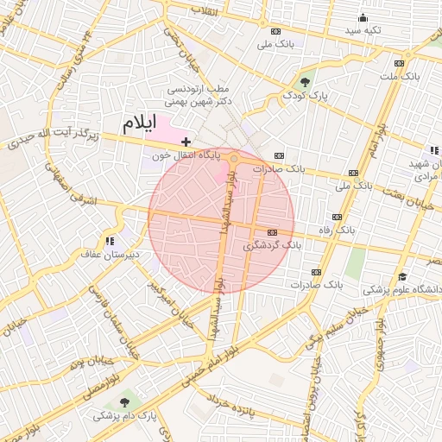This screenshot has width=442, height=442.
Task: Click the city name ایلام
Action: pyautogui.click(x=140, y=123)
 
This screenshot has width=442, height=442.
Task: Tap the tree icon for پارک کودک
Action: pyautogui.click(x=304, y=81)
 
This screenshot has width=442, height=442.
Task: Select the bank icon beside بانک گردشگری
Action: pyautogui.click(x=273, y=232)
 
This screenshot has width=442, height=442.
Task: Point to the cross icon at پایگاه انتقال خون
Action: pyautogui.click(x=186, y=141)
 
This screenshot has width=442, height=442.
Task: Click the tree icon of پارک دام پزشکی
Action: pyautogui.click(x=127, y=402)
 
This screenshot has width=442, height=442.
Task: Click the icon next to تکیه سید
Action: pyautogui.click(x=361, y=17)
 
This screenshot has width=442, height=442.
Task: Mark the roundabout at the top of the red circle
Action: pyautogui.click(x=233, y=159)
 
